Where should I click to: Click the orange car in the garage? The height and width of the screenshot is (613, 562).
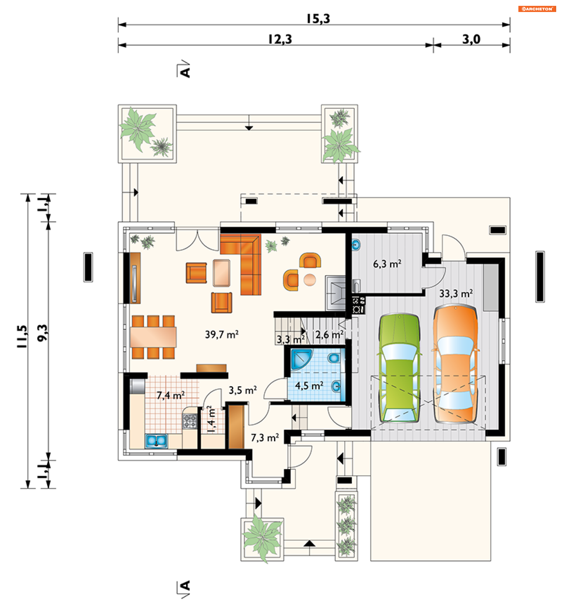click(455, 365)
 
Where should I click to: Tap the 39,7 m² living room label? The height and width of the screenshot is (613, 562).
click(222, 334)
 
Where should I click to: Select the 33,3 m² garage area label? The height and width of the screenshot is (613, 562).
click(456, 293)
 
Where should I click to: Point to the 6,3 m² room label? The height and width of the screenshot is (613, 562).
click(387, 264)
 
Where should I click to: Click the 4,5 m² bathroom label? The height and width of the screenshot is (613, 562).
click(309, 386)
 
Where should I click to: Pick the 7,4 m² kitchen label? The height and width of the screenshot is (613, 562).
click(171, 395)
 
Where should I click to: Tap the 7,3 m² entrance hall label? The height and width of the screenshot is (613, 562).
click(265, 438)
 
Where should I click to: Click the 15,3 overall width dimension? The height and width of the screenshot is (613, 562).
click(318, 19)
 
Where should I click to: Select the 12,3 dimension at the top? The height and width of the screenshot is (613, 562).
click(280, 39)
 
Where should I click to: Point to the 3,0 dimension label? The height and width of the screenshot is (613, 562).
click(471, 39)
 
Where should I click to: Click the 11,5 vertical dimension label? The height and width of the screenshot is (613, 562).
click(22, 336)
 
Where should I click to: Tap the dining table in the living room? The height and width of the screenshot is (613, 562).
click(153, 337)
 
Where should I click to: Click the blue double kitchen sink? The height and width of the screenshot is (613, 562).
click(156, 441)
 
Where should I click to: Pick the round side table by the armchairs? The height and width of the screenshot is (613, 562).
click(310, 280)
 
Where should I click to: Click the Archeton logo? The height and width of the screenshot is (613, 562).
click(537, 9)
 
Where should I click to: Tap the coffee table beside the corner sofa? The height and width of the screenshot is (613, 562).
click(221, 273)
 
